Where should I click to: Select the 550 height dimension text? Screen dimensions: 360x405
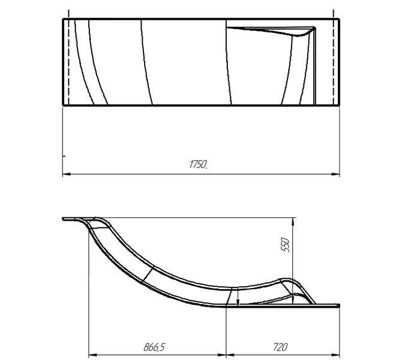286,245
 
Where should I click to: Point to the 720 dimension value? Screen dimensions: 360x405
280,347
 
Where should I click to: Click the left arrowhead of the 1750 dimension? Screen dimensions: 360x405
65,175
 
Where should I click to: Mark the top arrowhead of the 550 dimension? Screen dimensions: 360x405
293,220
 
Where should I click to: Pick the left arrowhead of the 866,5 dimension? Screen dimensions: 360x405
92,353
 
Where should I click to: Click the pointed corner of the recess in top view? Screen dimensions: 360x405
314,28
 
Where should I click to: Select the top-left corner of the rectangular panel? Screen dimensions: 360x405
63,19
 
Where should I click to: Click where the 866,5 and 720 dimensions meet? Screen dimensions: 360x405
226,353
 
